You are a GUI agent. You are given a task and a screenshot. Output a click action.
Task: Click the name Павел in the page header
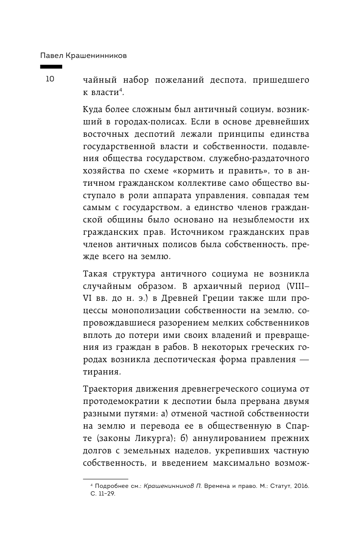click(x=52, y=56)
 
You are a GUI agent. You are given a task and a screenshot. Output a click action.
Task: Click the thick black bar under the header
click(x=51, y=67)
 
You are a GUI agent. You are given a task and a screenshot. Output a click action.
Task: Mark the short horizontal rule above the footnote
click(x=105, y=479)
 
